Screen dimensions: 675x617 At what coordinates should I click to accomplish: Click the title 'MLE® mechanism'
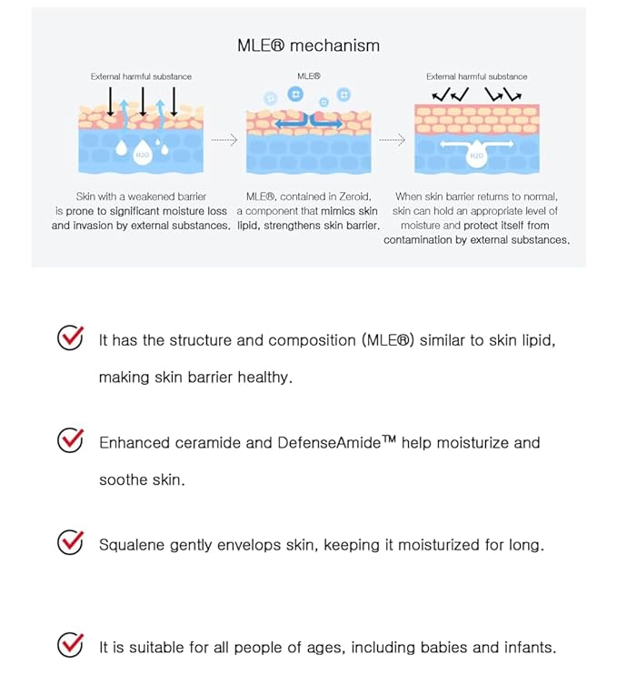tap(308, 45)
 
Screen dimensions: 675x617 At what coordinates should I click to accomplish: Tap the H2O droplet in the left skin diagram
tap(142, 154)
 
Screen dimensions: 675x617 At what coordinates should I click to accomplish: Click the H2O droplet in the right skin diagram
tap(476, 156)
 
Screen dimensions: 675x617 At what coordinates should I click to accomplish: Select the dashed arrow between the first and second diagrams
tap(224, 141)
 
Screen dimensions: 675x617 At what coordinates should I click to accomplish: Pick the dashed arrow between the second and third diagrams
tap(392, 141)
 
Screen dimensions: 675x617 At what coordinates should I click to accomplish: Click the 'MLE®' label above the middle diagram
tap(308, 76)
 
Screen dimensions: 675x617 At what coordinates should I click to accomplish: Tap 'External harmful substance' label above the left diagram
tap(141, 76)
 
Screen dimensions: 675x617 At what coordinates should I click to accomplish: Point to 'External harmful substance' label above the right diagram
tap(476, 76)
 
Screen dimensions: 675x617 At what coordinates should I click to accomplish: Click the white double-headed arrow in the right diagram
tap(476, 144)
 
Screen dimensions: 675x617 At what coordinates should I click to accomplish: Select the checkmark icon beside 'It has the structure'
tap(70, 337)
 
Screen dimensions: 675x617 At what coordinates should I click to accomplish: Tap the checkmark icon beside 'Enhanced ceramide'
tap(70, 440)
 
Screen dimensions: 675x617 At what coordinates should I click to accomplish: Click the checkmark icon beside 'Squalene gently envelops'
tap(70, 542)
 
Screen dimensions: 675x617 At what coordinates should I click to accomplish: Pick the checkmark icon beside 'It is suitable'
tap(70, 645)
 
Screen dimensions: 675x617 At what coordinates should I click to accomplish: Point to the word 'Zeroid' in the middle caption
tap(353, 196)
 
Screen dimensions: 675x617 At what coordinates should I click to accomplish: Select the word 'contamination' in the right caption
tap(413, 240)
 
